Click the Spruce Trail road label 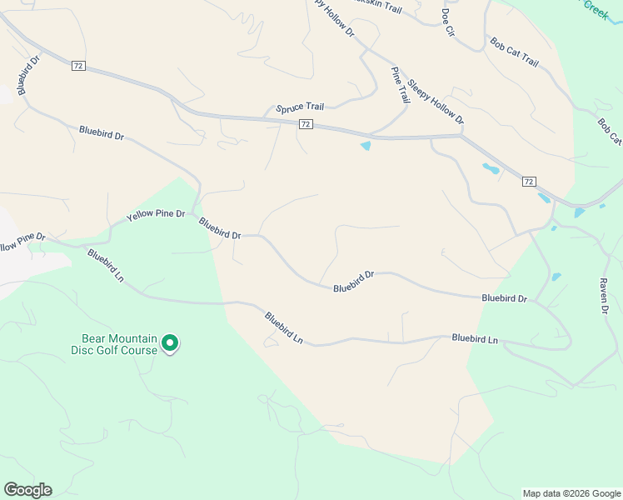(300, 107)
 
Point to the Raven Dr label (605, 296)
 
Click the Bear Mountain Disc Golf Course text (119, 344)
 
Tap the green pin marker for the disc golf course (170, 342)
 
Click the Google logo (27, 490)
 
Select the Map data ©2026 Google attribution (571, 493)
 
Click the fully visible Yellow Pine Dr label (156, 215)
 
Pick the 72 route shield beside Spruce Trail (306, 124)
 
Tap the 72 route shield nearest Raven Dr (529, 181)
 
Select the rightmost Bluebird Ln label (475, 339)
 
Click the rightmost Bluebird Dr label (504, 298)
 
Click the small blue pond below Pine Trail (365, 147)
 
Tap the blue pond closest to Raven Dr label (556, 276)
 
